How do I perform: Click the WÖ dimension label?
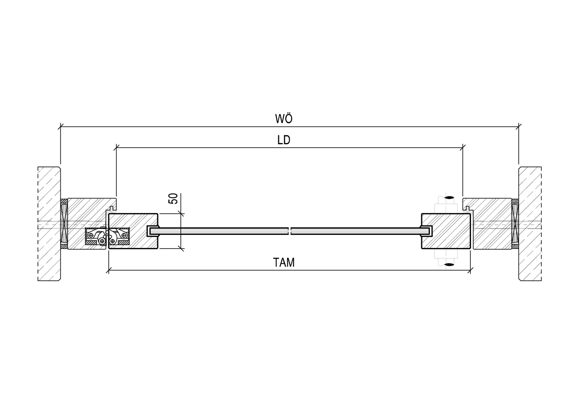pyautogui.click(x=284, y=118)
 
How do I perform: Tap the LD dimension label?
pyautogui.click(x=284, y=140)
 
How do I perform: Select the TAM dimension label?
pyautogui.click(x=284, y=262)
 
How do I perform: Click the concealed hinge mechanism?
pyautogui.click(x=107, y=237)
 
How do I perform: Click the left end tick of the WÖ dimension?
pyautogui.click(x=61, y=126)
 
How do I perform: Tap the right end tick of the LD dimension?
pyautogui.click(x=463, y=147)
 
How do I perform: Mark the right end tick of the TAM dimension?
pyautogui.click(x=470, y=270)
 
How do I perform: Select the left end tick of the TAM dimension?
pyautogui.click(x=109, y=270)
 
